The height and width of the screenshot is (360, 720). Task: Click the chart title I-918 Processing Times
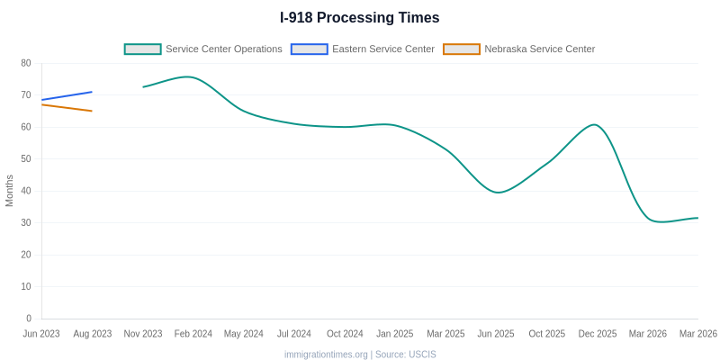point(360,18)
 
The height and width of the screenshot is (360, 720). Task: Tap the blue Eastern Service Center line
point(67,96)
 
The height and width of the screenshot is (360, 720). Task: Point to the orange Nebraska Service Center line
point(67,108)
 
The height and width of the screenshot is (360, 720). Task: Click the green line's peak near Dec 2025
point(594,125)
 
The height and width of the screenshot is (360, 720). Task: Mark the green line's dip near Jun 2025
point(498,192)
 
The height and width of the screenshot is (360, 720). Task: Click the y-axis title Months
point(10,191)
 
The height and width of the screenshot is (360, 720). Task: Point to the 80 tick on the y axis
point(26,63)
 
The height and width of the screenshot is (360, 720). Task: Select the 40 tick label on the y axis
point(26,191)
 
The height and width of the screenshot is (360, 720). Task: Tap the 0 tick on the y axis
point(29,319)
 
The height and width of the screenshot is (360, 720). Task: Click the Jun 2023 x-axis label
point(41,334)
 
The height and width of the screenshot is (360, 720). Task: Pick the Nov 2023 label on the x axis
point(143,334)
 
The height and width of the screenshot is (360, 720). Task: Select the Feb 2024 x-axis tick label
point(193,334)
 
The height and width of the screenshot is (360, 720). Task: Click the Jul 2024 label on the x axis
point(294,334)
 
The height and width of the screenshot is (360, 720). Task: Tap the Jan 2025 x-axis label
point(395,334)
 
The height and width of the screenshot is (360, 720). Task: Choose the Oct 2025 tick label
point(547,334)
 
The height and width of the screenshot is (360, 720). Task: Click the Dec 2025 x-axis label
point(598,334)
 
